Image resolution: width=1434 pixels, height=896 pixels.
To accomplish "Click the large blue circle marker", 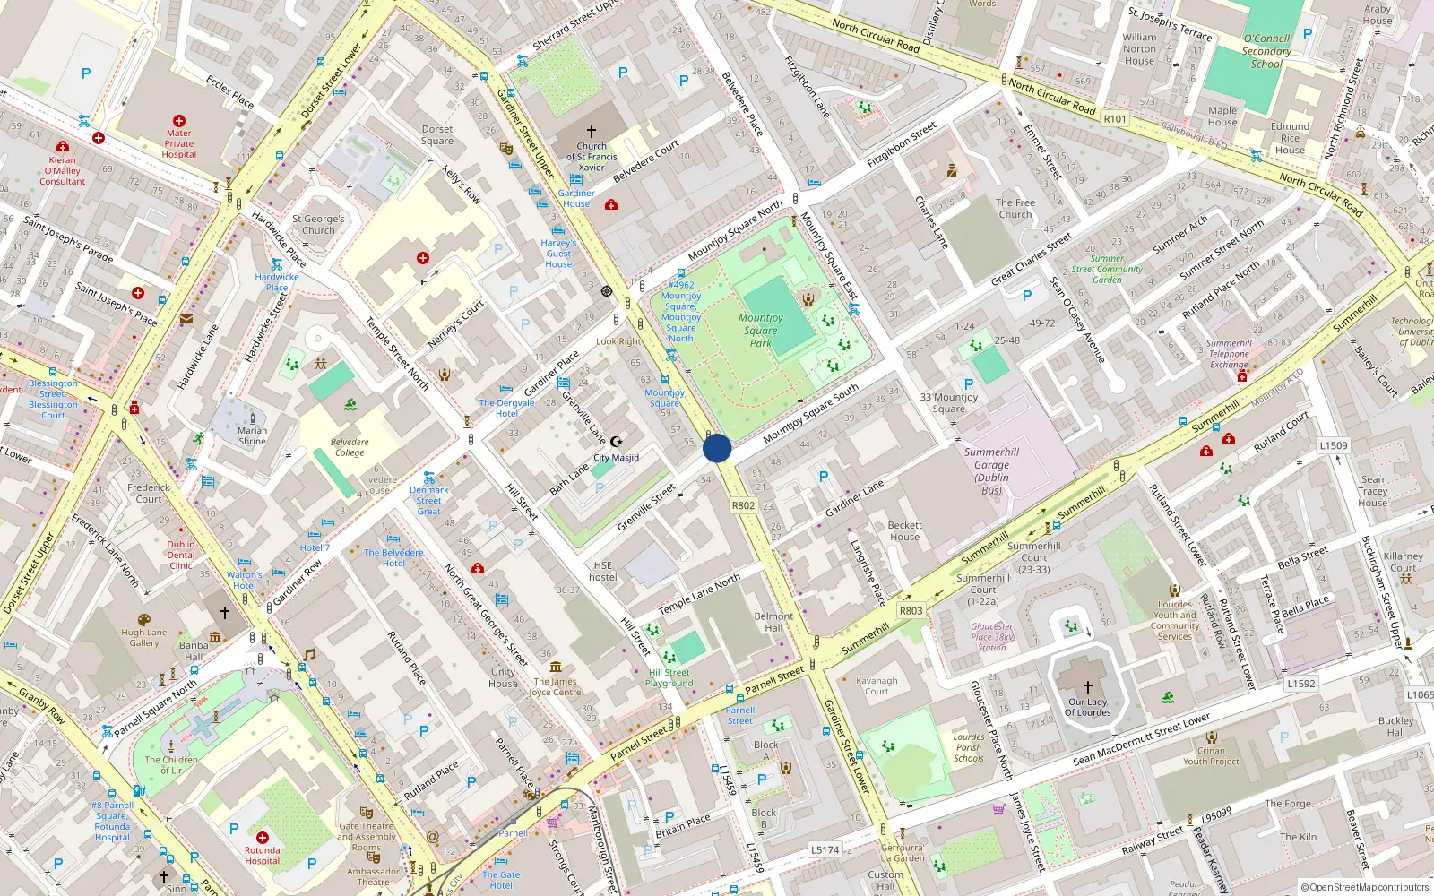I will coord(717,448).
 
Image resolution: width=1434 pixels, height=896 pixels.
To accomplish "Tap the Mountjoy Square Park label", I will coord(761,330).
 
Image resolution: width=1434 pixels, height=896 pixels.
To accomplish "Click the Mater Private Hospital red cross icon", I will coord(179,120).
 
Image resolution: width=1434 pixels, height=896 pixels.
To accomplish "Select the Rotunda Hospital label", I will coord(262,856).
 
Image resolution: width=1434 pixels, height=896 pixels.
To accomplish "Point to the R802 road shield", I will coord(743,505).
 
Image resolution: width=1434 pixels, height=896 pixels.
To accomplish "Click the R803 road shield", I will coord(911,611).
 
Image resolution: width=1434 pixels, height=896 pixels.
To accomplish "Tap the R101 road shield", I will coord(1115,118).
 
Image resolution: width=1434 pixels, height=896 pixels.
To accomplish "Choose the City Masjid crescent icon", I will coord(616,442).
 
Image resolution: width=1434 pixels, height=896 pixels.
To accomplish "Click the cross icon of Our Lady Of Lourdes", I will coord(1088,687).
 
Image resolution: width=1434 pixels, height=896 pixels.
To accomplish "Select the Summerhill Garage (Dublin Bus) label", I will coord(991,471).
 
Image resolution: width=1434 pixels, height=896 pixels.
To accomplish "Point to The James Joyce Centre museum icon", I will coord(556,667).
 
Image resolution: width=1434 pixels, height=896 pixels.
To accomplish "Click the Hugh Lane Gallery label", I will coord(144,637).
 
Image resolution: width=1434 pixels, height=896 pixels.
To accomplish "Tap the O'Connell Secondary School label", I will coord(1266,51).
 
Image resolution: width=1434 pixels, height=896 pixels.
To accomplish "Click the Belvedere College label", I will coord(350,447).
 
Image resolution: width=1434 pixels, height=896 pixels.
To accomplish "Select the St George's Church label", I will coord(318,224).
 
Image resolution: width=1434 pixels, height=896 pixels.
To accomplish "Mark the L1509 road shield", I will coord(1334,445).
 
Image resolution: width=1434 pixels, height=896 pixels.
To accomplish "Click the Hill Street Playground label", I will coord(669,677).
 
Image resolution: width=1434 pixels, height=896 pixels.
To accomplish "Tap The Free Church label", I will coord(1015,208).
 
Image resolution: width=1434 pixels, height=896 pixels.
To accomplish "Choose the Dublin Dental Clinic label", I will coord(181,555).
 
